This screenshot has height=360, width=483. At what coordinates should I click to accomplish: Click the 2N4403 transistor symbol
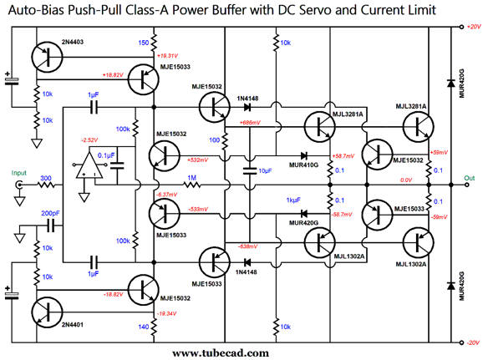point(47,58)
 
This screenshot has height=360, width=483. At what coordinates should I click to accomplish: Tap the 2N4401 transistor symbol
point(47,312)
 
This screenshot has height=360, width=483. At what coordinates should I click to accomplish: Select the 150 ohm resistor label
point(143,43)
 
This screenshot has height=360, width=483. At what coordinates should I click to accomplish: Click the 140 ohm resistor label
point(143,327)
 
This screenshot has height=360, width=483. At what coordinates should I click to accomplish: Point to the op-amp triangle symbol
point(89,165)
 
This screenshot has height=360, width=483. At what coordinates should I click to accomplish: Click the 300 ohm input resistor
point(46,185)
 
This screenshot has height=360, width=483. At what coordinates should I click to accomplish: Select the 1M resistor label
point(191,178)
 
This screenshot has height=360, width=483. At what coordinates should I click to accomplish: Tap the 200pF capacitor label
point(50,213)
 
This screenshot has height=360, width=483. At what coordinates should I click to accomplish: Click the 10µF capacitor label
point(265,170)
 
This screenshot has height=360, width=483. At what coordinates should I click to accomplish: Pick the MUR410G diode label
point(303,165)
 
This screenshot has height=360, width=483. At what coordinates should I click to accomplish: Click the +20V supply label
point(474,27)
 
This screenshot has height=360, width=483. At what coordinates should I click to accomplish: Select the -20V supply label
point(473,342)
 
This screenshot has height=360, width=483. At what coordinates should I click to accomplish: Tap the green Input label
point(19,173)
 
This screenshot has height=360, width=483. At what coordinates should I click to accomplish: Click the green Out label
point(470,178)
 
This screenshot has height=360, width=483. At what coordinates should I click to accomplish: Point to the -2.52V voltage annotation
point(89,140)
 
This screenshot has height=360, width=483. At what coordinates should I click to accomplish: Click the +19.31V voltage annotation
point(167,56)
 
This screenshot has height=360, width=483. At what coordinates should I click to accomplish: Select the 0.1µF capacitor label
point(106,155)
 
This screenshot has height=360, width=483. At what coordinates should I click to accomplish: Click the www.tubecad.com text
point(221,353)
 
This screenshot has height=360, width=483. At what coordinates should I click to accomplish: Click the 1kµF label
point(293,200)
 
